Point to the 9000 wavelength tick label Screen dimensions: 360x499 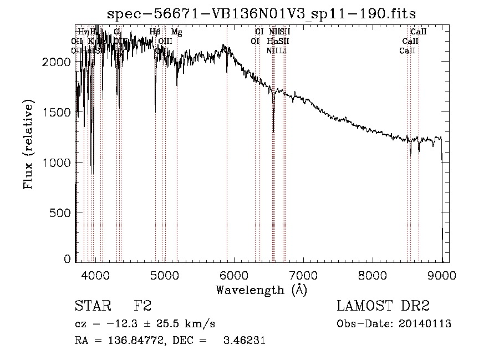[442, 275]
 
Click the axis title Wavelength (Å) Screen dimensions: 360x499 [261, 290]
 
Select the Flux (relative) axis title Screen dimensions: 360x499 [29, 145]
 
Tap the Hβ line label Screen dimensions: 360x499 [155, 32]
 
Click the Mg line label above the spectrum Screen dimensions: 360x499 [176, 32]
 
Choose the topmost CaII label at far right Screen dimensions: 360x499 [418, 32]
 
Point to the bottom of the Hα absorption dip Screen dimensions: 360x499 [273, 131]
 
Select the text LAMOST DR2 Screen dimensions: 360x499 [383, 306]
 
